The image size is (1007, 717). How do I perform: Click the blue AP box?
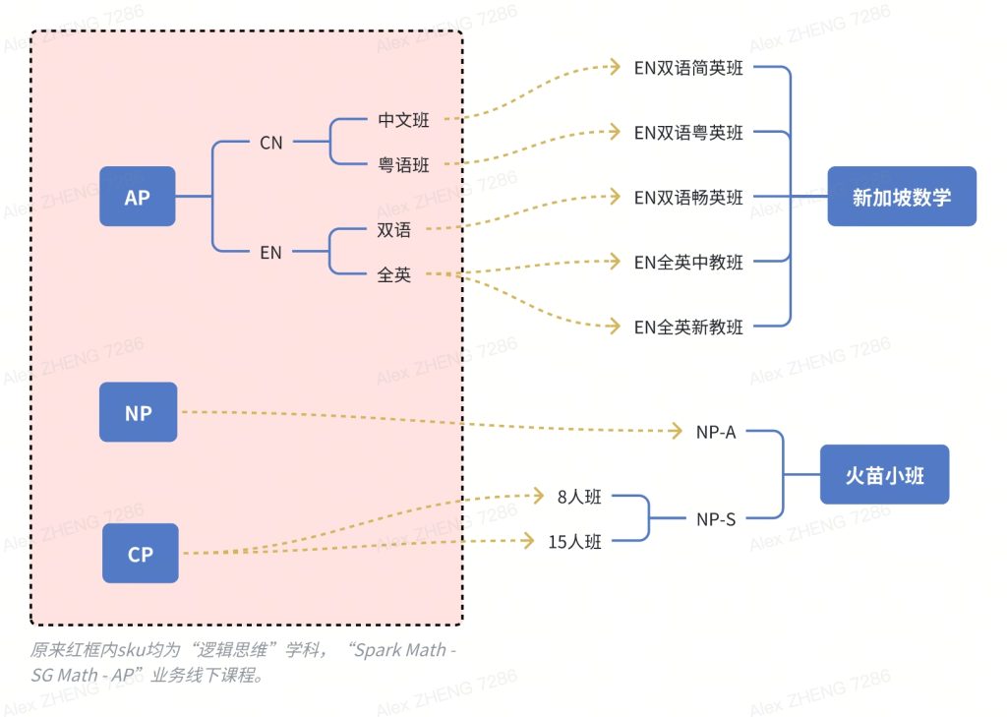[x=138, y=197]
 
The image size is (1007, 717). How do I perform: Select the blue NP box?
[x=139, y=412]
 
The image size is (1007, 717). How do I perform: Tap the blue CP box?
[x=141, y=554]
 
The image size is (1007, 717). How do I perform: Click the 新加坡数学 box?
[x=901, y=197]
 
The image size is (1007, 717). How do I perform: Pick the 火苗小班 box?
[x=884, y=475]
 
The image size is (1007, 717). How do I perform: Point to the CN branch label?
[x=271, y=143]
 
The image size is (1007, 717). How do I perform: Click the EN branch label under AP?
[x=271, y=253]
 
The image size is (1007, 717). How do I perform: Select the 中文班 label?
[x=403, y=121]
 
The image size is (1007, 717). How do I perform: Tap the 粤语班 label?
[x=403, y=165]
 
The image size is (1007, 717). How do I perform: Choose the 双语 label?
[x=394, y=230]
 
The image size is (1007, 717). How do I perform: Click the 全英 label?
[x=394, y=275]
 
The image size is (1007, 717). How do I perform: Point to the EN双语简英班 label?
[x=688, y=68]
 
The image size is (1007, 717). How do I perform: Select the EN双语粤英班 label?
[x=688, y=133]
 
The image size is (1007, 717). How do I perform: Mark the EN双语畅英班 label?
[x=688, y=198]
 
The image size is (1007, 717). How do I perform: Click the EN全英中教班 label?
[x=688, y=263]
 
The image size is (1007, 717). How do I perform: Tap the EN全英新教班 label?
[x=688, y=328]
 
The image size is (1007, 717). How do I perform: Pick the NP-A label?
[x=716, y=432]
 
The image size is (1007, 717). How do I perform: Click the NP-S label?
[x=716, y=519]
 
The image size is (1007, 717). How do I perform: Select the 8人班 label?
[x=579, y=498]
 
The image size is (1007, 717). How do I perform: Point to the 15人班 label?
[x=575, y=541]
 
